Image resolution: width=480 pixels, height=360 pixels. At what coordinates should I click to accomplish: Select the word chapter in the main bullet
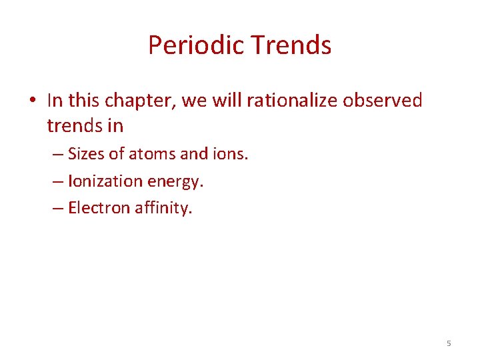133,101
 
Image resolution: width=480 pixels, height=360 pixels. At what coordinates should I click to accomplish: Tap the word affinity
163,207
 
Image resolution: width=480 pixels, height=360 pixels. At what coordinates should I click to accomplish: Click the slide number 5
448,343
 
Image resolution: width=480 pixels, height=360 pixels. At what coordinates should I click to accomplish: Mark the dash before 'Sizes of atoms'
57,155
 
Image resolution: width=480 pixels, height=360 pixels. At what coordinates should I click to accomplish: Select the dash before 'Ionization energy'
57,181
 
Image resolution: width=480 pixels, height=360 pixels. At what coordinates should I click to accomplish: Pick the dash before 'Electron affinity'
57,208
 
